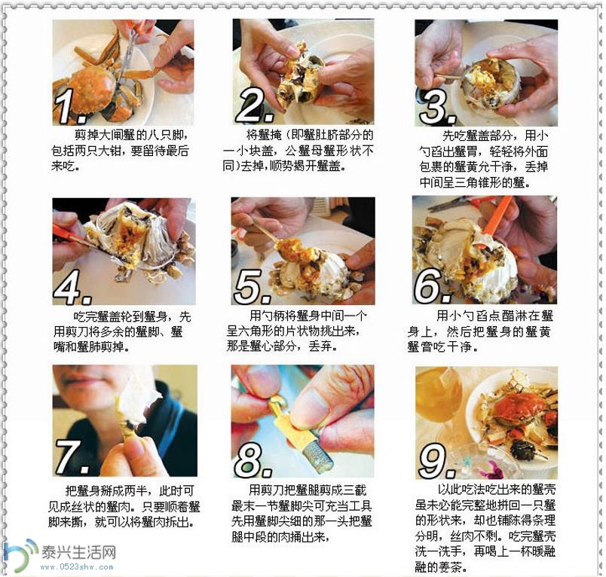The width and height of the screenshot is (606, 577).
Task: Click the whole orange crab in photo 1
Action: [x=93, y=88]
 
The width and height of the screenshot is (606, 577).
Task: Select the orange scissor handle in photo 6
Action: [x=496, y=215]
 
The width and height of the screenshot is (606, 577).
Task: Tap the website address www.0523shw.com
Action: [x=77, y=567]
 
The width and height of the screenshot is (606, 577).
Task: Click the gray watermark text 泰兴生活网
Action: [x=78, y=552]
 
